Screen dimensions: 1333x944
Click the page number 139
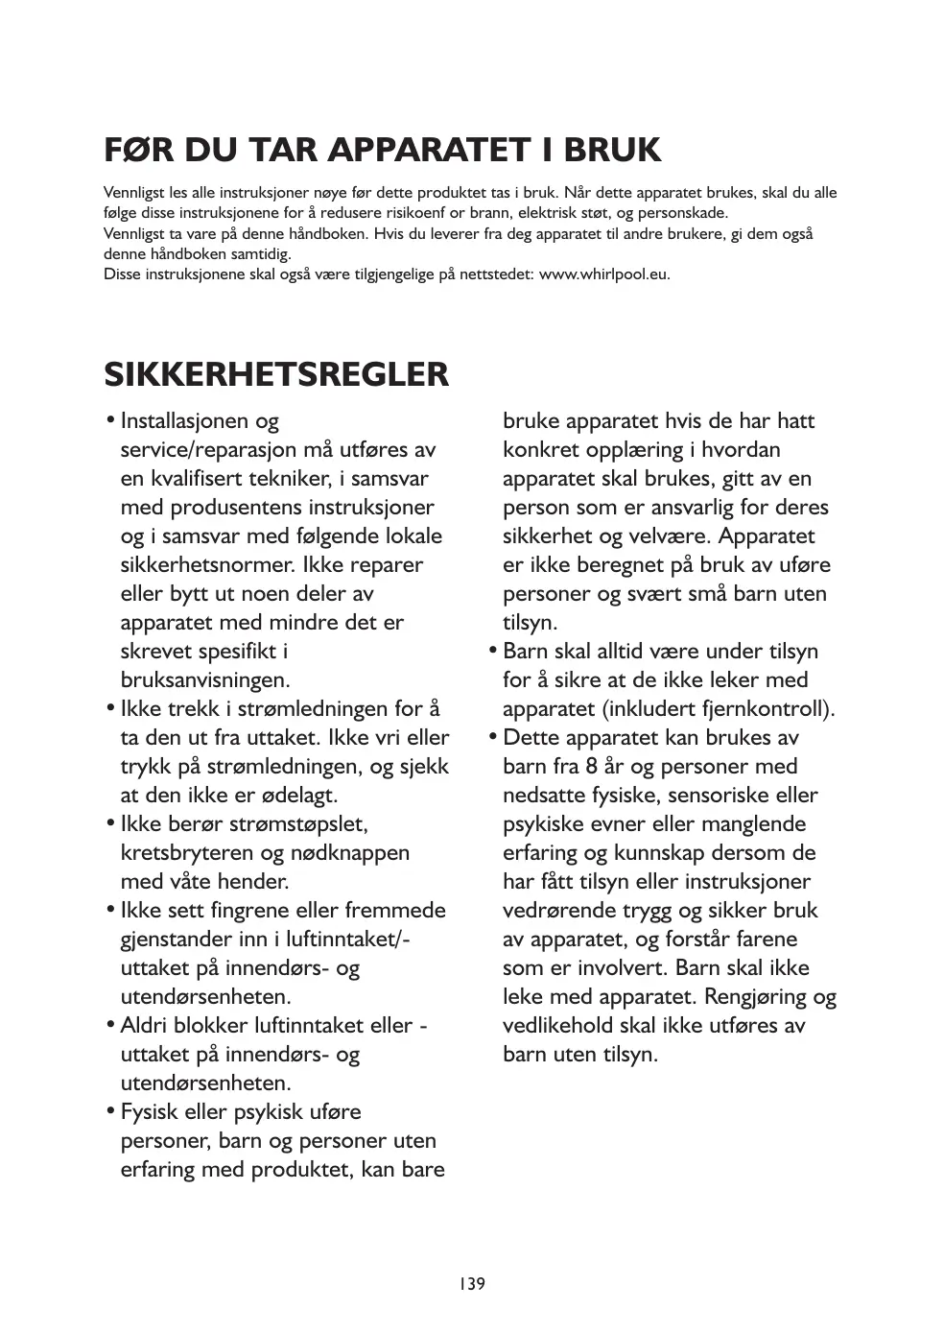pyautogui.click(x=471, y=1283)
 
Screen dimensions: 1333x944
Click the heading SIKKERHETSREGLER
pyautogui.click(x=276, y=374)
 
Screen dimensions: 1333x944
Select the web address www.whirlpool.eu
pyautogui.click(x=603, y=274)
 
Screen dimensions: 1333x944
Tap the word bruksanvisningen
pyautogui.click(x=204, y=679)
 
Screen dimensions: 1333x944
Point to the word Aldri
pyautogui.click(x=147, y=1025)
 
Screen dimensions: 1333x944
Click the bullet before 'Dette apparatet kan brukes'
pyautogui.click(x=493, y=737)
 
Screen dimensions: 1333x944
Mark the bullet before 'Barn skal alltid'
pyautogui.click(x=493, y=651)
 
